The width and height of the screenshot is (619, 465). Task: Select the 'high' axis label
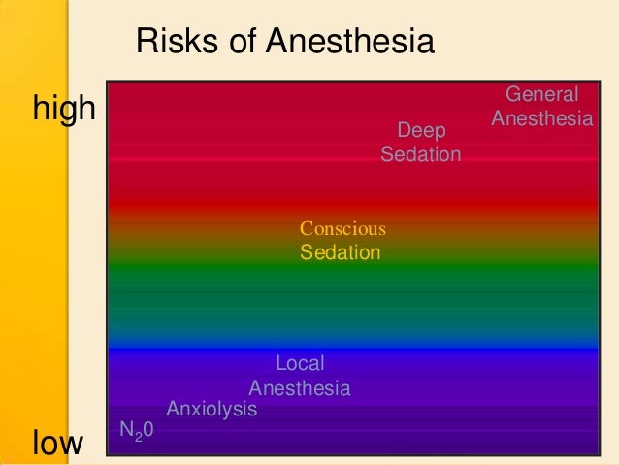(x=64, y=109)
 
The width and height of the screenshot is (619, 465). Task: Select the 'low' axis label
(x=58, y=444)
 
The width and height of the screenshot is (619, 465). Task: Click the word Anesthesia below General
(x=542, y=119)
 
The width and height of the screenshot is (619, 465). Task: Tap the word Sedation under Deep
(x=421, y=155)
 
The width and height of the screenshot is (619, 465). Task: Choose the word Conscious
(x=342, y=229)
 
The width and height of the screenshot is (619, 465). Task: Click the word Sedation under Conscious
(x=340, y=253)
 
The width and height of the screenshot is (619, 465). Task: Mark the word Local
(x=300, y=364)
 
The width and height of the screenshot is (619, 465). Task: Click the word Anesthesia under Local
(x=300, y=389)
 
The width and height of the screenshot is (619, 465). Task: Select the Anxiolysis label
(x=212, y=410)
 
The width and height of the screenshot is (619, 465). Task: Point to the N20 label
(x=136, y=429)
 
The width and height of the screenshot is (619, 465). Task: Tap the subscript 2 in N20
(x=138, y=434)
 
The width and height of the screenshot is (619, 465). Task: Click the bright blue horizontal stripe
(x=349, y=347)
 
